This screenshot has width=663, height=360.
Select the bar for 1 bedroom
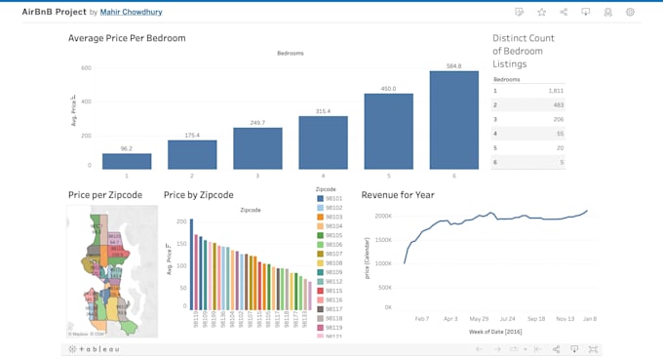point(127,162)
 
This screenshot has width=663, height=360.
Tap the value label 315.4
point(323,111)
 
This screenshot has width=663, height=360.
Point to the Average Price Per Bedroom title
point(127,38)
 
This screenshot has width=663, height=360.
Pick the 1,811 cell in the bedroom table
point(555,90)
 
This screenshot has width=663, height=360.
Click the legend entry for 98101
point(332,199)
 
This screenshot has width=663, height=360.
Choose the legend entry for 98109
point(332,272)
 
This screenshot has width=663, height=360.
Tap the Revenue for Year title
point(398,195)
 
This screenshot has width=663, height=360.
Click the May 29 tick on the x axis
point(479,318)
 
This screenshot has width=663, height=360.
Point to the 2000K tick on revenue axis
point(383,217)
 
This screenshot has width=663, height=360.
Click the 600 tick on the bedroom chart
point(86,68)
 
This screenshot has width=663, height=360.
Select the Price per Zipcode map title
point(105,195)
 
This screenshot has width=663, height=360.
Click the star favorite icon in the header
point(541,12)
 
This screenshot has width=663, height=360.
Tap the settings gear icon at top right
point(630,12)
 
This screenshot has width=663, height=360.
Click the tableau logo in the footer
point(94,348)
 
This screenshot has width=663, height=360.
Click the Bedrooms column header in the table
point(507,79)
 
